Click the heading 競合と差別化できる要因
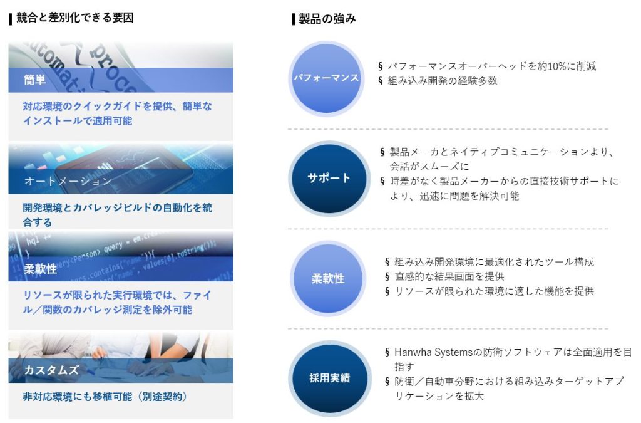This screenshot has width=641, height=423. pos(74,18)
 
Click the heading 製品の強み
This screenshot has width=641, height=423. pos(327,19)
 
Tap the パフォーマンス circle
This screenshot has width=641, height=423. pos(326,78)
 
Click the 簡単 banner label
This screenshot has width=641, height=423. pos(35,80)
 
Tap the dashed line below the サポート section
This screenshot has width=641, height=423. pos(448,229)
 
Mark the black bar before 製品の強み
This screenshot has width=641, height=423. pos(293,19)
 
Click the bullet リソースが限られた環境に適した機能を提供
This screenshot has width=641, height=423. pos(494,291)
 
